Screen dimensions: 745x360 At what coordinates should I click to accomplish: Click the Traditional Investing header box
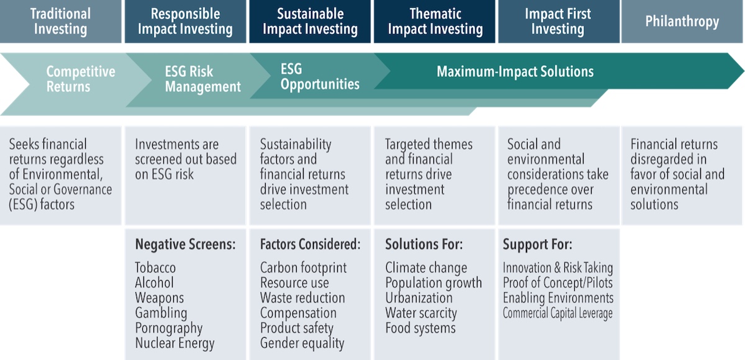pos(61,21)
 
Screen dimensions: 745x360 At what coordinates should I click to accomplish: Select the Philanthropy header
pos(682,21)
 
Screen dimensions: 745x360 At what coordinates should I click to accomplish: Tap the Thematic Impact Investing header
pos(435,21)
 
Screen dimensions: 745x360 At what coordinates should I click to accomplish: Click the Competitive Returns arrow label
pos(81,79)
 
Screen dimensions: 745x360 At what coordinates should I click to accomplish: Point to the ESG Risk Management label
pos(203,79)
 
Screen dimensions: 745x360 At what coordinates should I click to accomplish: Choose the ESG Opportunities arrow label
pos(320,76)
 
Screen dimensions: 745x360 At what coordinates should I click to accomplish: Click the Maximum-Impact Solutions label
pos(515,71)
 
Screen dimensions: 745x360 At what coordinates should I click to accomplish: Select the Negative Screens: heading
pos(185,245)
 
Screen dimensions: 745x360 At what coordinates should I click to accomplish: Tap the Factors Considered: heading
pos(310,245)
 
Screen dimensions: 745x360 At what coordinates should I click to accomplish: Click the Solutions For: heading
pos(423,245)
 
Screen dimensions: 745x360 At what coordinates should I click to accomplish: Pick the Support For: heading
pos(538,245)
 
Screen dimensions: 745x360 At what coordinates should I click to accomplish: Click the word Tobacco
pos(155,268)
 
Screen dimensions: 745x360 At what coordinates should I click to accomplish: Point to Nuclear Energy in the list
pos(174,343)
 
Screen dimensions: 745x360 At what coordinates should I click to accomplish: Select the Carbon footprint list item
pos(304,268)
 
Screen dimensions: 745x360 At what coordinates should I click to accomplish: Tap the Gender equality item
pos(302,343)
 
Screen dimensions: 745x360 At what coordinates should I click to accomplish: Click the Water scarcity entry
pos(421,313)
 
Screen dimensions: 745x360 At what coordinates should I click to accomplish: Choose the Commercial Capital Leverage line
pos(558,313)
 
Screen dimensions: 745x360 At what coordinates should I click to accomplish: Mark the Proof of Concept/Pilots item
pos(558,283)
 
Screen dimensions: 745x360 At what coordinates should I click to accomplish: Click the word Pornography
pos(169,328)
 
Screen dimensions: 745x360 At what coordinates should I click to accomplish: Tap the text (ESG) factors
pos(42,204)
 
